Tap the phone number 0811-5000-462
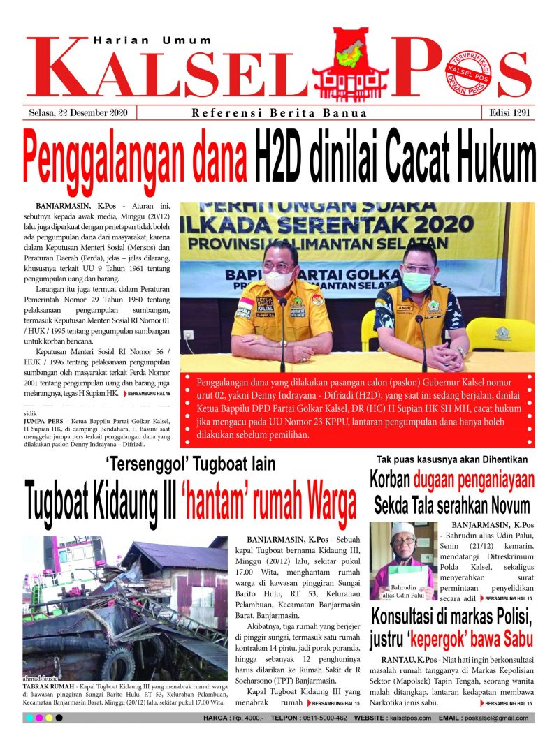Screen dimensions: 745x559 point(319,718)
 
